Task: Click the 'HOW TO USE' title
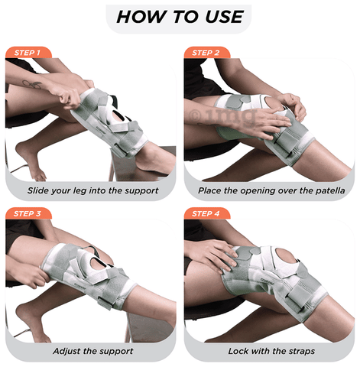180,17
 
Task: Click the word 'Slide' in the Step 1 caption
41,189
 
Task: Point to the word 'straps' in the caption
296,351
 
